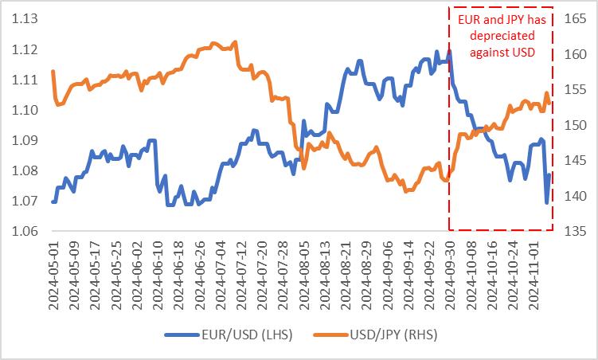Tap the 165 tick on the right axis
pos(574,19)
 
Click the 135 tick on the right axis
pos(574,232)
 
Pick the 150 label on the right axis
pos(574,126)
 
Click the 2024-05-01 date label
pos(54,273)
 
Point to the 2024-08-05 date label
pos(304,273)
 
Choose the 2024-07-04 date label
pos(221,273)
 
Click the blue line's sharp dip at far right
pos(546,202)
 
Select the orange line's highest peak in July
pos(235,42)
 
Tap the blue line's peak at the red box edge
pos(449,52)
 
